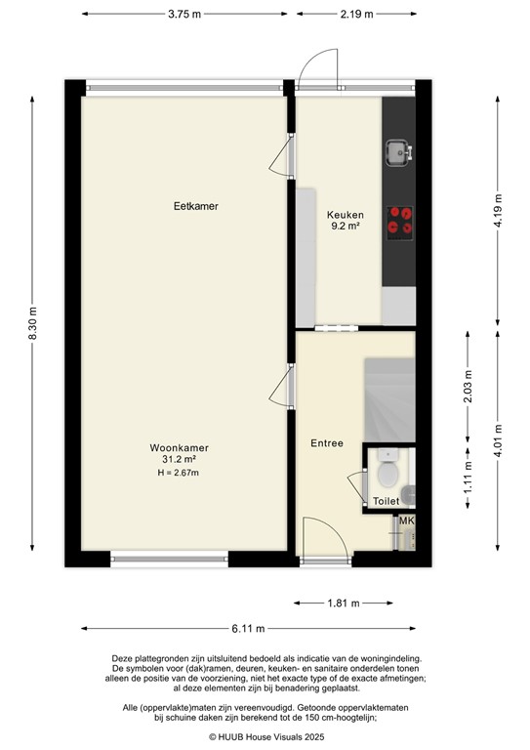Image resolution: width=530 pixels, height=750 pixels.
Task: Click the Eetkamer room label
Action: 195,206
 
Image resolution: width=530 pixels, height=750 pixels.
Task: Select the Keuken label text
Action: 345,215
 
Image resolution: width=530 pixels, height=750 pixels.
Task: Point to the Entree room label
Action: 327,443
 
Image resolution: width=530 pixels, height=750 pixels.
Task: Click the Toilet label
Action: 386,501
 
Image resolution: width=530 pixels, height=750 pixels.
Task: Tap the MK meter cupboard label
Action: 407,521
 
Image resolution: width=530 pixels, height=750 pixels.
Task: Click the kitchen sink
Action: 397,151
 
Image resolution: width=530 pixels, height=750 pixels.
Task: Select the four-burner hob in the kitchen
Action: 400,222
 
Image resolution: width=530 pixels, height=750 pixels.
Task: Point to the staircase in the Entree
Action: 387,399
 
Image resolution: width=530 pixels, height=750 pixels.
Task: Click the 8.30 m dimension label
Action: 35,322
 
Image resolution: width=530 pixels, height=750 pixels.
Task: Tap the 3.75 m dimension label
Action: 184,15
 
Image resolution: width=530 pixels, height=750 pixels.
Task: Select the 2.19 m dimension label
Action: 357,15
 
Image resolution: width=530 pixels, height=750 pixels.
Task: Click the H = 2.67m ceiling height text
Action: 179,473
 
